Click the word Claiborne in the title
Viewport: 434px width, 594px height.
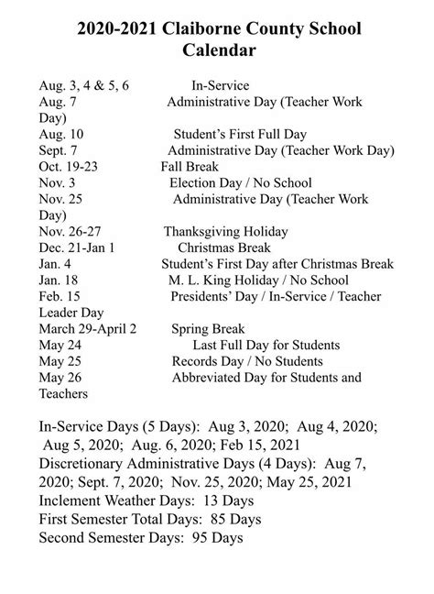click(x=197, y=30)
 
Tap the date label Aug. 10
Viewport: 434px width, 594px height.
click(x=62, y=134)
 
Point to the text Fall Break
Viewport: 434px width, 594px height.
click(x=190, y=167)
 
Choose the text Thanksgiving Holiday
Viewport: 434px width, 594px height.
click(x=226, y=231)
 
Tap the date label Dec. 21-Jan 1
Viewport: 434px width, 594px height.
click(x=78, y=247)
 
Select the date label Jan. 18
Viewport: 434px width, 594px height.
click(x=60, y=280)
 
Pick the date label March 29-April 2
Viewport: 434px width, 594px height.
click(x=89, y=328)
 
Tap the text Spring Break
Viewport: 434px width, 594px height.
click(x=206, y=328)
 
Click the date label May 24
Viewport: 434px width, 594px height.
click(x=60, y=345)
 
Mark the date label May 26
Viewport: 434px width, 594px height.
click(x=60, y=378)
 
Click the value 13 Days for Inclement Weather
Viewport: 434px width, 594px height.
click(x=225, y=501)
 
